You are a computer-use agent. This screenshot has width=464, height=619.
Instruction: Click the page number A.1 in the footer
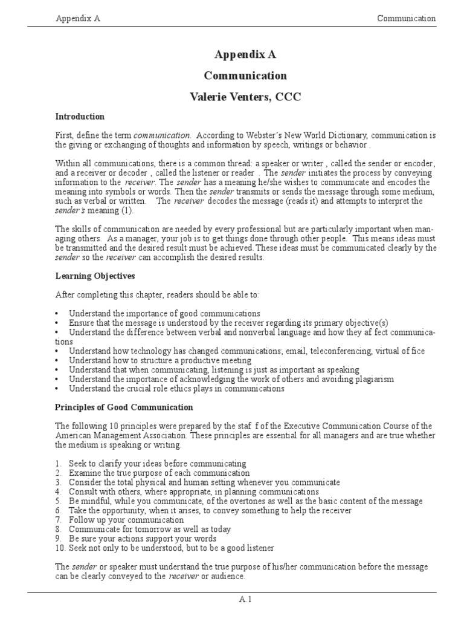245,600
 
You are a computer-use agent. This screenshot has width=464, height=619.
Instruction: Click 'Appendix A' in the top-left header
78,18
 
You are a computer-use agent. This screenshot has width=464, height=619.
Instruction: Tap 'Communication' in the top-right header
406,18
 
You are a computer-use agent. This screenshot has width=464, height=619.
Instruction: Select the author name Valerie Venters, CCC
245,96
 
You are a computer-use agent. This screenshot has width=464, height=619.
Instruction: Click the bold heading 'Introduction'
80,117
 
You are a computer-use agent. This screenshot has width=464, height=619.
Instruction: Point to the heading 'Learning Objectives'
95,276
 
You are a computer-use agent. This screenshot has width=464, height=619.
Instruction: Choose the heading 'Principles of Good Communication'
124,407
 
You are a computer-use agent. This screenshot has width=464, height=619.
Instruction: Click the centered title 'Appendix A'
245,54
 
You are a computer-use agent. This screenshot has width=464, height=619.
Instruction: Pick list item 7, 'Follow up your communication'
126,520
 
